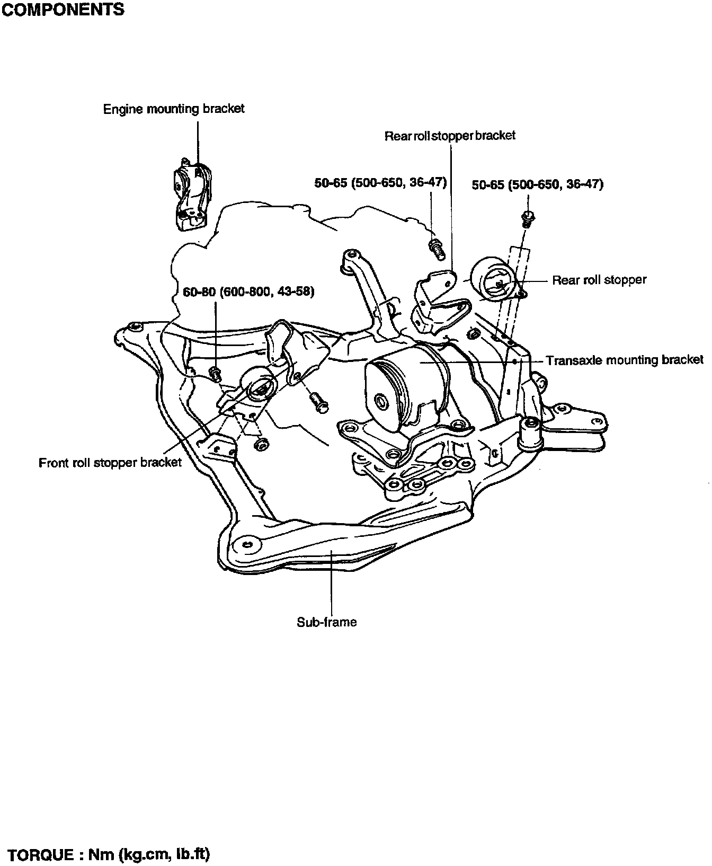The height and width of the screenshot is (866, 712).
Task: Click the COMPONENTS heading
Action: click(63, 10)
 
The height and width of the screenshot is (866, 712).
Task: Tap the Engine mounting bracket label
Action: click(174, 109)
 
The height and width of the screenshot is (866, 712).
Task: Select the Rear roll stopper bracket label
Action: click(450, 136)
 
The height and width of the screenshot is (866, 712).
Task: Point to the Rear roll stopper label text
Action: click(599, 280)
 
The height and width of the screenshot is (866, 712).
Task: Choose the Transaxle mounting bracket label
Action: click(625, 360)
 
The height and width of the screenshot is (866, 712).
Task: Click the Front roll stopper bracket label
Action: click(110, 463)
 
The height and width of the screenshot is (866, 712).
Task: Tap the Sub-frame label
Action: click(326, 622)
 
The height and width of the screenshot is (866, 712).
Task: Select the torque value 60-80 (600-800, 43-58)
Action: click(248, 292)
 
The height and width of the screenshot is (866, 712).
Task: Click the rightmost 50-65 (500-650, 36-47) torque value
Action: click(537, 184)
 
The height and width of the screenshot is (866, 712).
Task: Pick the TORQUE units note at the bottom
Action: click(110, 854)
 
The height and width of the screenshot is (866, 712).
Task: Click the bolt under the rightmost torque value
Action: click(527, 218)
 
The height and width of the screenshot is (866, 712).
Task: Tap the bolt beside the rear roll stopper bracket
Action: click(435, 249)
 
